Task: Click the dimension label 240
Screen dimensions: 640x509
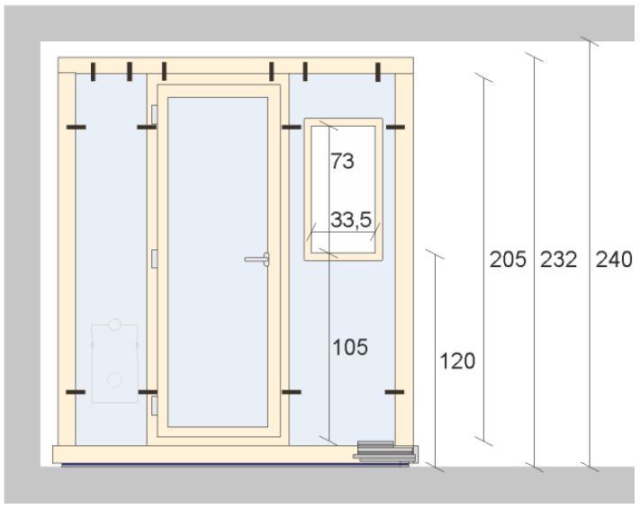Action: click(x=614, y=259)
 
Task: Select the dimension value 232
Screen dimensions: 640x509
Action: click(x=559, y=259)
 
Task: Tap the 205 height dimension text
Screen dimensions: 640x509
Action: click(x=508, y=259)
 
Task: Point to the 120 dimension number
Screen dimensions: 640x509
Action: click(x=457, y=361)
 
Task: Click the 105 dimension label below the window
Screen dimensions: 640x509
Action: click(x=350, y=347)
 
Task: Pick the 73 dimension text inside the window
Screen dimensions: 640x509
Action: click(x=342, y=161)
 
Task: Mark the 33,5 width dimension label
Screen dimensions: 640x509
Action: click(x=351, y=219)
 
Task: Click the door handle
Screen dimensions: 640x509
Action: click(x=257, y=259)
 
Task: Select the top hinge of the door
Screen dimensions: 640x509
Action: click(x=154, y=114)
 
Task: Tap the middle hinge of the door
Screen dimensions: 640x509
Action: click(x=154, y=259)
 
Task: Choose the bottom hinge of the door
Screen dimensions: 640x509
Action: click(x=154, y=406)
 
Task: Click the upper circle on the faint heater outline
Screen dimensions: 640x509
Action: click(x=114, y=325)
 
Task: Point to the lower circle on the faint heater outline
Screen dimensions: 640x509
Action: click(x=114, y=380)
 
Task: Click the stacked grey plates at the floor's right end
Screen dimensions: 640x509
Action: click(x=386, y=452)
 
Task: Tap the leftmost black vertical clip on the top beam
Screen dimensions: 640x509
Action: click(x=94, y=72)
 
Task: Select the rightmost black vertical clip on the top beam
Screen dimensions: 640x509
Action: click(x=378, y=72)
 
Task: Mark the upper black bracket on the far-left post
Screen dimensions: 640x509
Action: click(x=77, y=128)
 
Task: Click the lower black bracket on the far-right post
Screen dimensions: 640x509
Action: click(x=394, y=392)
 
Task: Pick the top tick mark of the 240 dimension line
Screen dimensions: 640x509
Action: click(x=590, y=41)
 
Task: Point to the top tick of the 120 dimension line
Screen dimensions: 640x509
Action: click(x=435, y=254)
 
